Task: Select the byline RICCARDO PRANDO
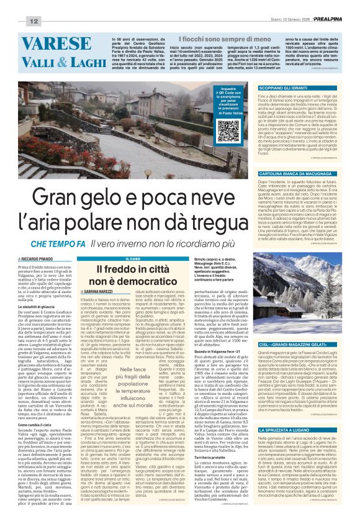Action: [x=30, y=257]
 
